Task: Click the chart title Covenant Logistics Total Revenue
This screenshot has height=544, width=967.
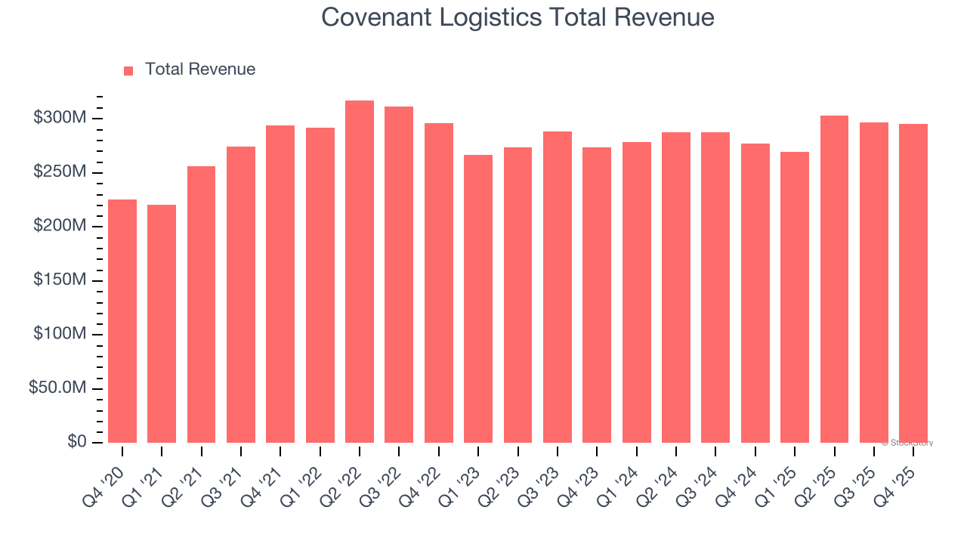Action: [517, 17]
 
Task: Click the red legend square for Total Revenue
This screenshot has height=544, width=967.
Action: [128, 70]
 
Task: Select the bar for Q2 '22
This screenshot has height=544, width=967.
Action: [360, 272]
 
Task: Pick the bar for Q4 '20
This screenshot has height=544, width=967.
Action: [122, 321]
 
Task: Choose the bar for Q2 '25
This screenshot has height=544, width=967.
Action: [834, 280]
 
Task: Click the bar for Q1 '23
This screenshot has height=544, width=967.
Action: [478, 298]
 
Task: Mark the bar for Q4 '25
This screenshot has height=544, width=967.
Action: [913, 283]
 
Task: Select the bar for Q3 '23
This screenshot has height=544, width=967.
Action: [558, 287]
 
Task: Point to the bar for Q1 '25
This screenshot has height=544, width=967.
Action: [795, 297]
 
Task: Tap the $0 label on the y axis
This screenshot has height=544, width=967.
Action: [76, 442]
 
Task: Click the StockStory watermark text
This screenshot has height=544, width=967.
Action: [907, 443]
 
